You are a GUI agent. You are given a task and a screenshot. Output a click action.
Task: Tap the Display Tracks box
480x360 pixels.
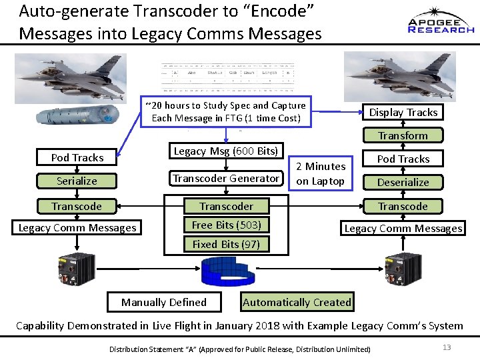[x=403, y=112]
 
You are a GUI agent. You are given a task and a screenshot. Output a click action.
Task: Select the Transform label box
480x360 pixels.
[x=403, y=135]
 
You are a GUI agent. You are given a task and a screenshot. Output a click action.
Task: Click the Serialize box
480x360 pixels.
[x=77, y=181]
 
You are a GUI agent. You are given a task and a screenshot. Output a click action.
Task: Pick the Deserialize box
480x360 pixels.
[x=403, y=182]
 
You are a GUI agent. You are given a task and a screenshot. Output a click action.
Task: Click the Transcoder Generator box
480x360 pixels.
[x=226, y=178]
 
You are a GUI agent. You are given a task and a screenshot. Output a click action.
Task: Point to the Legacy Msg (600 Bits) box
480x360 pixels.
[x=226, y=151]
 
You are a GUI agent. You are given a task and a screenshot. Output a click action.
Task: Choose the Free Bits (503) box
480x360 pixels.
[x=226, y=225]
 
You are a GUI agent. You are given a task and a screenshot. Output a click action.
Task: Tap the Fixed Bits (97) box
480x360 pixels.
[x=226, y=244]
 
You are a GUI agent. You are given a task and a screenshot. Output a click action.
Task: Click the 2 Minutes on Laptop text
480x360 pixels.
[x=321, y=173]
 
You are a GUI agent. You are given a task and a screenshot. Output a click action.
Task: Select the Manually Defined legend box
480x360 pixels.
[x=164, y=302]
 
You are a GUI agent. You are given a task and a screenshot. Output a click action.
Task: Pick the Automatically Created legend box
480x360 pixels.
[x=297, y=302]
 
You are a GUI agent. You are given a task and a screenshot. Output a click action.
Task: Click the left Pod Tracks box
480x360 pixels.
[x=77, y=157]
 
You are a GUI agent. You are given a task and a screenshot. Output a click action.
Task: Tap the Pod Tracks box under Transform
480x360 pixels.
[x=403, y=159]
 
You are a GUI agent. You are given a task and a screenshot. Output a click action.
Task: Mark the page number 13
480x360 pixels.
[x=447, y=347]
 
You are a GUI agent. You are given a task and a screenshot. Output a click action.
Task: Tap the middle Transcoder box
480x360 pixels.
[x=226, y=206]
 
